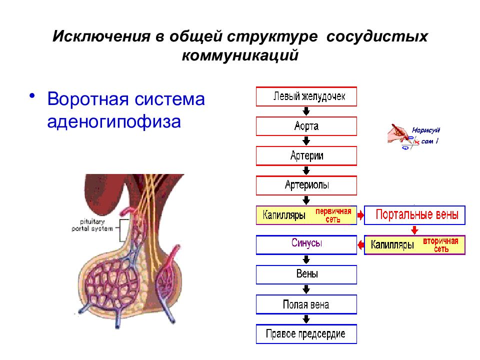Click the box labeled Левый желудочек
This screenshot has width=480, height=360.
pos(306,96)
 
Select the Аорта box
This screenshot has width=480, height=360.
pos(306,126)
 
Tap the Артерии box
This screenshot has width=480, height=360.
pos(306,156)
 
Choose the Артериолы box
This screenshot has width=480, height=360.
pos(306,185)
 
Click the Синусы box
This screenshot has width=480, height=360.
pos(306,244)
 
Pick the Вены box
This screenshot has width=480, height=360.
pos(306,274)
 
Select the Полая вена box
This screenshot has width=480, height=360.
pos(306,304)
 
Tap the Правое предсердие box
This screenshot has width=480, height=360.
pos(306,334)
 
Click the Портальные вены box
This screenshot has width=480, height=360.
pos(415,215)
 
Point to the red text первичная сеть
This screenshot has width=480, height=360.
pos(333,215)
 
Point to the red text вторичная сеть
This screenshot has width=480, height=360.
pos(441,245)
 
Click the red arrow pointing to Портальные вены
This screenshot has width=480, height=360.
pos(360,215)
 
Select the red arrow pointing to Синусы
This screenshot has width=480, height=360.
pos(360,245)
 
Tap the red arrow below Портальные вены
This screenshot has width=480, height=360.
pos(414,230)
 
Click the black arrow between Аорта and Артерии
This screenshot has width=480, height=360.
pos(306,141)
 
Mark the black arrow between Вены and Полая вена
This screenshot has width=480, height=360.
pos(306,289)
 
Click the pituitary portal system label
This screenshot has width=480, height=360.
pos(92,225)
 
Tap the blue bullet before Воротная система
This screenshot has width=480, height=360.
pos(32,95)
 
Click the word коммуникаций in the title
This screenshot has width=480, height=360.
pos(240,55)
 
